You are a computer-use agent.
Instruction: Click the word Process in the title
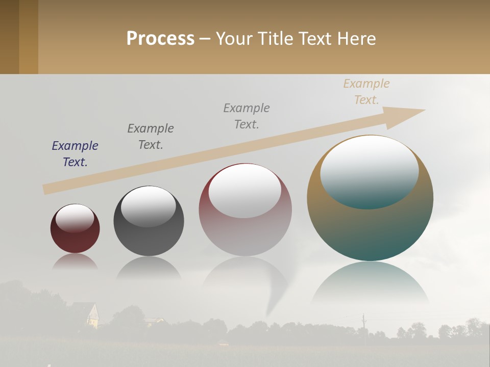(x=160, y=39)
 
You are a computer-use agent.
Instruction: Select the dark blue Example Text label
(x=75, y=154)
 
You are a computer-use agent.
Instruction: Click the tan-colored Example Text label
(x=366, y=92)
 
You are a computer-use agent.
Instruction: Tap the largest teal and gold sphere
(x=370, y=229)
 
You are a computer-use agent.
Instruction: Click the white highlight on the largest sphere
(x=369, y=171)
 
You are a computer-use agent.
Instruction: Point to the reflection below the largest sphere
(x=370, y=283)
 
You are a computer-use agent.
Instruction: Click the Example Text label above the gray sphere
(x=151, y=137)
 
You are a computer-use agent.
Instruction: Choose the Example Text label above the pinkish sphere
(x=247, y=116)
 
